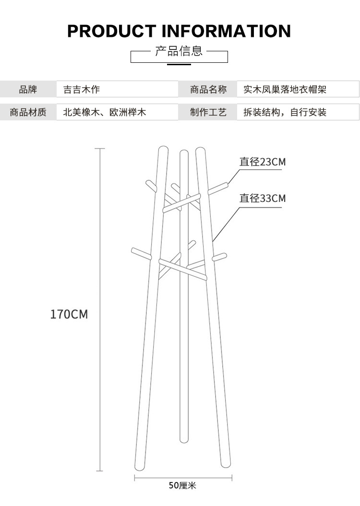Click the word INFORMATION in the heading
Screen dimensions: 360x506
point(227,31)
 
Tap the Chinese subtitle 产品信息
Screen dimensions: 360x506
point(179,51)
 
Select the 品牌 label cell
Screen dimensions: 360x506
point(28,89)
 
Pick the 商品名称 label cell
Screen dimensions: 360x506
point(208,89)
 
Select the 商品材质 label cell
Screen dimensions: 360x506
point(28,112)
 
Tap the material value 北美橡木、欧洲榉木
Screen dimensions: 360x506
point(104,112)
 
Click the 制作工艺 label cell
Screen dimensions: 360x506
point(208,112)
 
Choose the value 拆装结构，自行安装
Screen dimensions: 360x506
point(285,112)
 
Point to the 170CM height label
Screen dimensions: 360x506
point(69,315)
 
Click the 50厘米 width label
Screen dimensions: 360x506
point(182,486)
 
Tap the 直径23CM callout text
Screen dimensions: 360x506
point(263,162)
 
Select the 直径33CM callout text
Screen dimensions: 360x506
point(263,198)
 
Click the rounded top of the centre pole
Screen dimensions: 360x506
point(183,153)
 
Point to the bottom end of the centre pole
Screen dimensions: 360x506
point(182,438)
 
